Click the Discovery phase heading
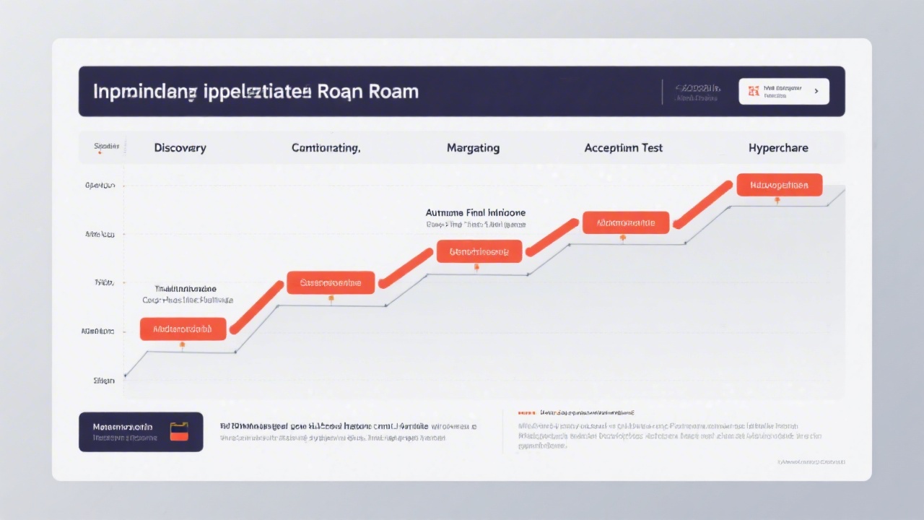(180, 148)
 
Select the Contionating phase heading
(326, 148)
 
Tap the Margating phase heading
(473, 148)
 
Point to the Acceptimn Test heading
(623, 148)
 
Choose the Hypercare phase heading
(778, 148)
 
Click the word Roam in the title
(393, 92)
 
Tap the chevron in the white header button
(816, 92)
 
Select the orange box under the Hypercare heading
(779, 185)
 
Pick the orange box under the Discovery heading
(183, 329)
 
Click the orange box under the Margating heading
(479, 251)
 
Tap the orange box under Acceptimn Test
(626, 222)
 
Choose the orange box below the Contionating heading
(331, 282)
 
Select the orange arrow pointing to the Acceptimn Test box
(552, 237)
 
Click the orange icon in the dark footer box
(179, 431)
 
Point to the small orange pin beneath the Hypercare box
(777, 200)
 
